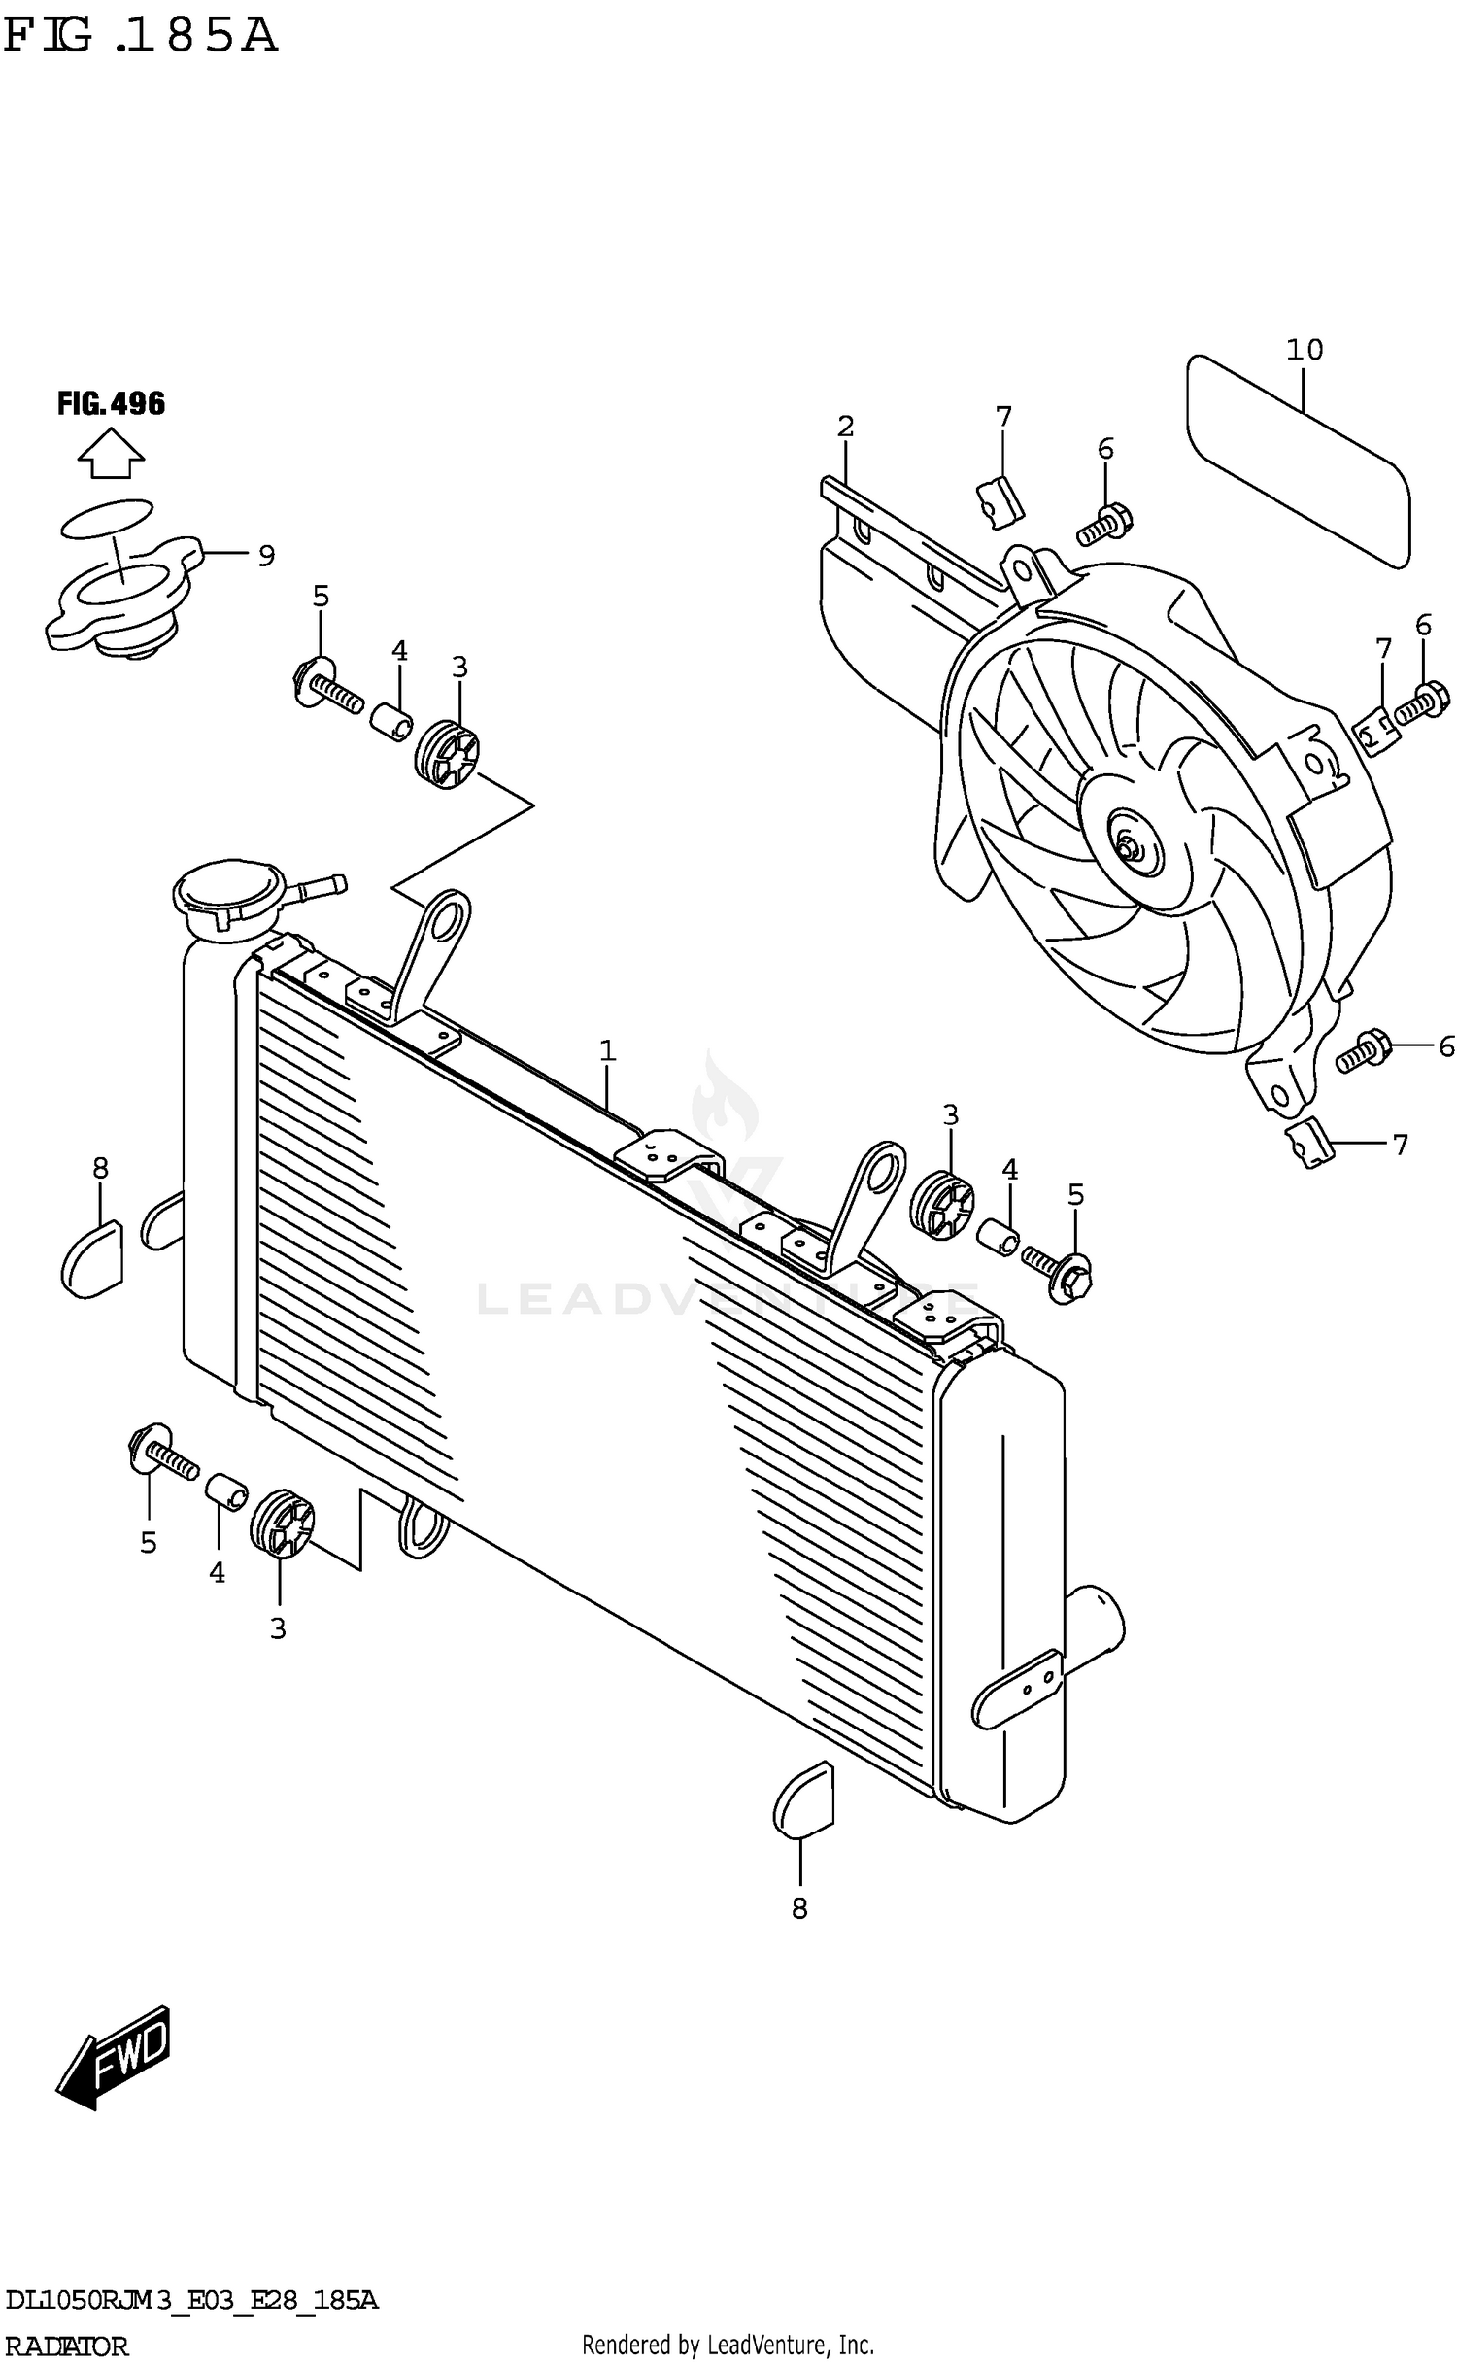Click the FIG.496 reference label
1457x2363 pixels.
coord(111,403)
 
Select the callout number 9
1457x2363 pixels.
coord(266,556)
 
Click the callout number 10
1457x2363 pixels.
coord(1305,350)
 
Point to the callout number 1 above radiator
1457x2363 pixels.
coord(608,1050)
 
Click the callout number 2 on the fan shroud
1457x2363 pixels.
coord(845,426)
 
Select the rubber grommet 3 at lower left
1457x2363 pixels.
coord(282,1524)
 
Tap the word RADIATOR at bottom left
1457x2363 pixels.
coord(65,2347)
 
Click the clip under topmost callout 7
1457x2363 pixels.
coord(1000,501)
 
